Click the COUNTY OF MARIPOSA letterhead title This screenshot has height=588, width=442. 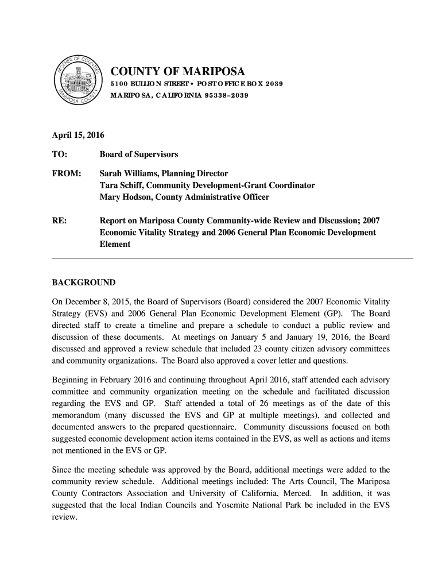tap(177, 72)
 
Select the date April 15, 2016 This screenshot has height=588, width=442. tap(74, 136)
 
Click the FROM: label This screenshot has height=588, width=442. tap(67, 173)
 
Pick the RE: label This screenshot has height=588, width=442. tap(59, 220)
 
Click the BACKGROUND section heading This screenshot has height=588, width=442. tap(84, 283)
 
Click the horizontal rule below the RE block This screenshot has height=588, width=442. tap(232, 259)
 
